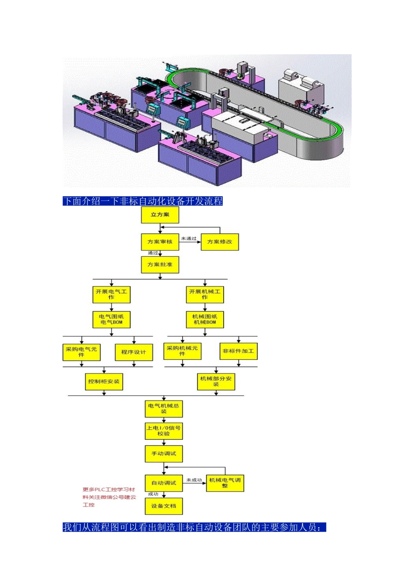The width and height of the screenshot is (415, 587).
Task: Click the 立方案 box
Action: [x=160, y=214]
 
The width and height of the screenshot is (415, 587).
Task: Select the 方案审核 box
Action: [x=160, y=242]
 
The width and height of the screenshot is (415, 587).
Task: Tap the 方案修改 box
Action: [x=220, y=242]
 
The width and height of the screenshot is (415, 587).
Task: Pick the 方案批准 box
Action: [x=160, y=265]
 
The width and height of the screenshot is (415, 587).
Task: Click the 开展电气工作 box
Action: [x=111, y=294]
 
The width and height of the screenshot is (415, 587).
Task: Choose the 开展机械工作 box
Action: [x=205, y=294]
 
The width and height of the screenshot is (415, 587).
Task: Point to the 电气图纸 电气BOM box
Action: [x=111, y=319]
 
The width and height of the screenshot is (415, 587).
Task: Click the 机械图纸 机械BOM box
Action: [x=205, y=319]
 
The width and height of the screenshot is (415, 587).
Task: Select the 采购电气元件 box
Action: [x=81, y=352]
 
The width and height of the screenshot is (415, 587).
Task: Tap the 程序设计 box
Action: [x=134, y=352]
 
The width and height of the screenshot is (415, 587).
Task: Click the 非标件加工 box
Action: [x=239, y=351]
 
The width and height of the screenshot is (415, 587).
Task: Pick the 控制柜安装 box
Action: [x=104, y=382]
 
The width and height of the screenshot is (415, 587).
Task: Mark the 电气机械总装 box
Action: [x=163, y=409]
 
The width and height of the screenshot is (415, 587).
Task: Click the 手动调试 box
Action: [x=163, y=454]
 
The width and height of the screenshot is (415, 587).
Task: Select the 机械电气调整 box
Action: [x=225, y=483]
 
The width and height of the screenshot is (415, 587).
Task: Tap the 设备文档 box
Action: [x=163, y=506]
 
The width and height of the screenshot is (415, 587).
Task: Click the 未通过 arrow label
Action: [x=188, y=238]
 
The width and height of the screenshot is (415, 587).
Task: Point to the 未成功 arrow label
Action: [x=194, y=480]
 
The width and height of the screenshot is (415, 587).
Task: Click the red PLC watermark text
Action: [x=109, y=497]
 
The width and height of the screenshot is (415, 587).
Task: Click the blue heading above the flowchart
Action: [x=142, y=201]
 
